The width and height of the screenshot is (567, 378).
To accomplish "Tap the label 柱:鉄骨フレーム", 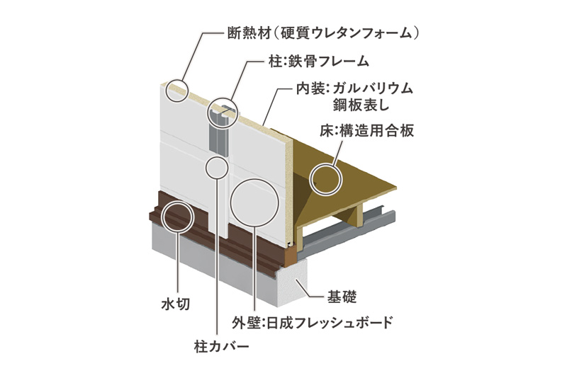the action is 318,61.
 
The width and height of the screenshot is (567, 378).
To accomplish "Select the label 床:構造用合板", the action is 366,131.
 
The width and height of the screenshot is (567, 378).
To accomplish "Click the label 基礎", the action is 342,297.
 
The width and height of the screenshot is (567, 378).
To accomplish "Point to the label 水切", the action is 175,304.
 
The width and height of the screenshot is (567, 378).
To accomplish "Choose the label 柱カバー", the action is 222,347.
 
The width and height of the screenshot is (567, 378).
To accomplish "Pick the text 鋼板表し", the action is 361,105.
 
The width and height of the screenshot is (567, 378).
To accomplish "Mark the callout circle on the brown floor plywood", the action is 311,180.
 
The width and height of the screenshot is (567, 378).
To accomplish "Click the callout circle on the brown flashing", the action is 163,217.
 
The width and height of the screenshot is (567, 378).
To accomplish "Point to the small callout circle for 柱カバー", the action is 206,168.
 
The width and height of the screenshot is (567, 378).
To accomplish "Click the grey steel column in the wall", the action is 219,137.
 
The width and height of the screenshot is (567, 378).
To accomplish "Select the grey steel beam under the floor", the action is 347,228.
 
